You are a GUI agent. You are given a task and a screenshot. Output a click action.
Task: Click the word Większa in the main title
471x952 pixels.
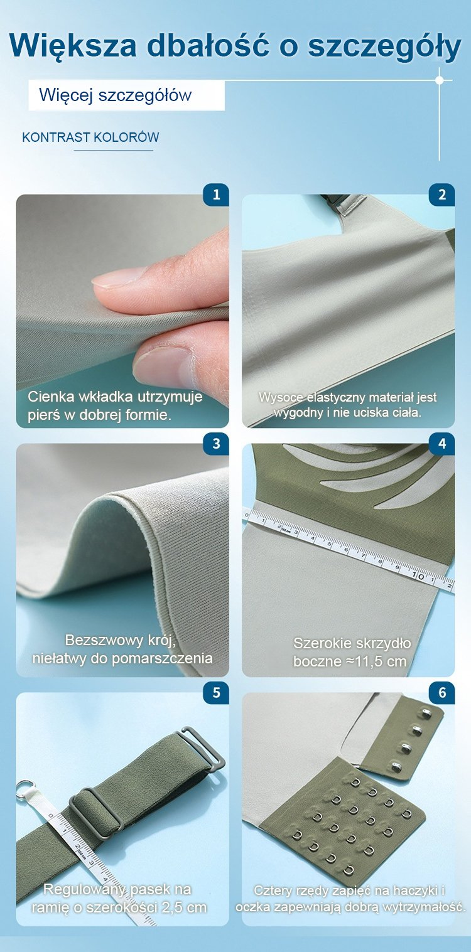[73, 45]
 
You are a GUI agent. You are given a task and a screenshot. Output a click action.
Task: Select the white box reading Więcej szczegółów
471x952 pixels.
[126, 95]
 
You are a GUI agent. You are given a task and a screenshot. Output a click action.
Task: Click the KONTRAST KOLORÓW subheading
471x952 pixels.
[90, 137]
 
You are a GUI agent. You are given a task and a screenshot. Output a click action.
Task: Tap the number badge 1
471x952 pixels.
[216, 195]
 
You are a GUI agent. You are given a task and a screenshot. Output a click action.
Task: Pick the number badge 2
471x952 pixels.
[442, 195]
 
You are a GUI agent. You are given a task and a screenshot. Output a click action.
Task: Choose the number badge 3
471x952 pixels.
[216, 444]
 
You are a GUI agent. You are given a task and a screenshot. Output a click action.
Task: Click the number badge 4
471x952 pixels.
[442, 444]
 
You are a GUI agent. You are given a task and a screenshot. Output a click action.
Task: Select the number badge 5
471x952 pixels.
[216, 693]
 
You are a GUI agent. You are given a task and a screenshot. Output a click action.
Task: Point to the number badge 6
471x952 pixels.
[442, 693]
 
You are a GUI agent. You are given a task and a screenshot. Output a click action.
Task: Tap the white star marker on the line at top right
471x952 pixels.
[440, 80]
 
